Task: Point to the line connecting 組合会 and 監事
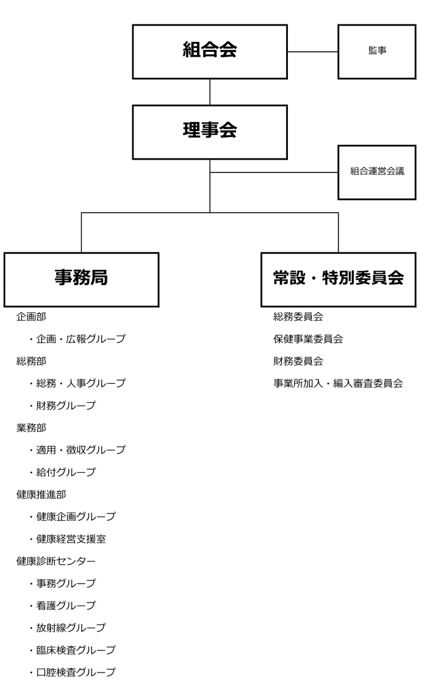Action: coord(313,52)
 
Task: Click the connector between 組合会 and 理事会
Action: coord(210,92)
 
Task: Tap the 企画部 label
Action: coord(32,317)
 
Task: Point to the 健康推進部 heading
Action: coord(41,494)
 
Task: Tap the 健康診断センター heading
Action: coord(56,561)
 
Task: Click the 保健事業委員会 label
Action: coord(308,339)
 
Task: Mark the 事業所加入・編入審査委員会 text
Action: coord(339,383)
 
